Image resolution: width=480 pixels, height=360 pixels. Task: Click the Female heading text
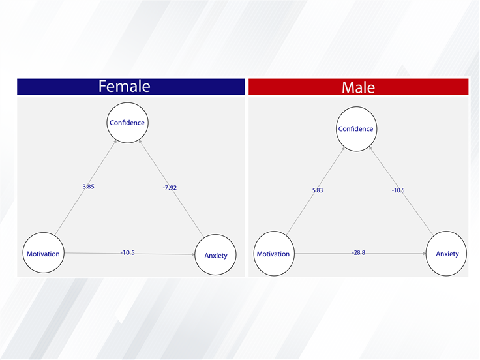pyautogui.click(x=125, y=86)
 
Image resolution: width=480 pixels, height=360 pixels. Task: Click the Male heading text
pyautogui.click(x=358, y=87)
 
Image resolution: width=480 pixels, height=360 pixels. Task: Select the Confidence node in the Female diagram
pyautogui.click(x=127, y=123)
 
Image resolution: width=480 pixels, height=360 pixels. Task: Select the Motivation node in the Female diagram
pyautogui.click(x=44, y=252)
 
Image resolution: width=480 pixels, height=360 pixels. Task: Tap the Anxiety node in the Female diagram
pyautogui.click(x=215, y=255)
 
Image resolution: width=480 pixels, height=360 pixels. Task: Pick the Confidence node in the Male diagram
pyautogui.click(x=357, y=129)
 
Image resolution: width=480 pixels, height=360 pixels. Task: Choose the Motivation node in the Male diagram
pyautogui.click(x=274, y=254)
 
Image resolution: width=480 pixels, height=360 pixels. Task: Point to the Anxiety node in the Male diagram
pyautogui.click(x=446, y=254)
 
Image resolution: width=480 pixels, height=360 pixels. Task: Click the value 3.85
pyautogui.click(x=89, y=187)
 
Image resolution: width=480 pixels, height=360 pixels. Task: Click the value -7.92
pyautogui.click(x=170, y=188)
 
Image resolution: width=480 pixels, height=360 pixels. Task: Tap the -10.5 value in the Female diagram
pyautogui.click(x=128, y=252)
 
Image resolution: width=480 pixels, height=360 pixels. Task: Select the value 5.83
pyautogui.click(x=318, y=190)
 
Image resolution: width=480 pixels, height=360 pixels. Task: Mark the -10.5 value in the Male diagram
pyautogui.click(x=398, y=190)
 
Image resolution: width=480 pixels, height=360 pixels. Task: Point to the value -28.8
pyautogui.click(x=359, y=253)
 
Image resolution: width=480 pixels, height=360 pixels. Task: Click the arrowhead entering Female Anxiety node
pyautogui.click(x=193, y=254)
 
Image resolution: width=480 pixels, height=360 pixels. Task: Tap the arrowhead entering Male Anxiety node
pyautogui.click(x=425, y=254)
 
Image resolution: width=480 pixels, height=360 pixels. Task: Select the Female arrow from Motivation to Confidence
pyautogui.click(x=85, y=188)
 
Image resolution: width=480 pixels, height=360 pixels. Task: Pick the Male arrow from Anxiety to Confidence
pyautogui.click(x=401, y=191)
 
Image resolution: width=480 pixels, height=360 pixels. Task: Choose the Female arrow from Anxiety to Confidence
pyautogui.click(x=171, y=188)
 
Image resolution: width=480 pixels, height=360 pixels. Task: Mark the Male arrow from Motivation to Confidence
pyautogui.click(x=316, y=191)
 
